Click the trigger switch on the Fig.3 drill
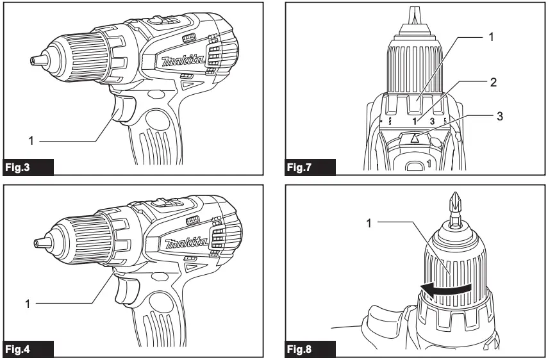(124, 107)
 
